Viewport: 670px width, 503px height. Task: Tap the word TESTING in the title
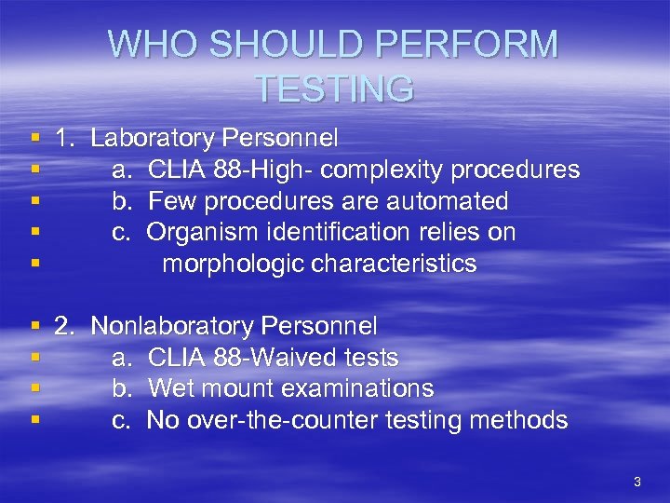click(x=334, y=88)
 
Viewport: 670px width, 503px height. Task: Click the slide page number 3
click(x=636, y=482)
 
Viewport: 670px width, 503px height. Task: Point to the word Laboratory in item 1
click(x=154, y=139)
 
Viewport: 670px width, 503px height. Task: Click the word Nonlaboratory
click(x=173, y=326)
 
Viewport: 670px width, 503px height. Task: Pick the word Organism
click(x=198, y=232)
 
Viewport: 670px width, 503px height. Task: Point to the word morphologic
click(x=233, y=264)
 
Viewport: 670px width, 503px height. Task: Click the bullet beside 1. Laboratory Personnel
click(x=35, y=139)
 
